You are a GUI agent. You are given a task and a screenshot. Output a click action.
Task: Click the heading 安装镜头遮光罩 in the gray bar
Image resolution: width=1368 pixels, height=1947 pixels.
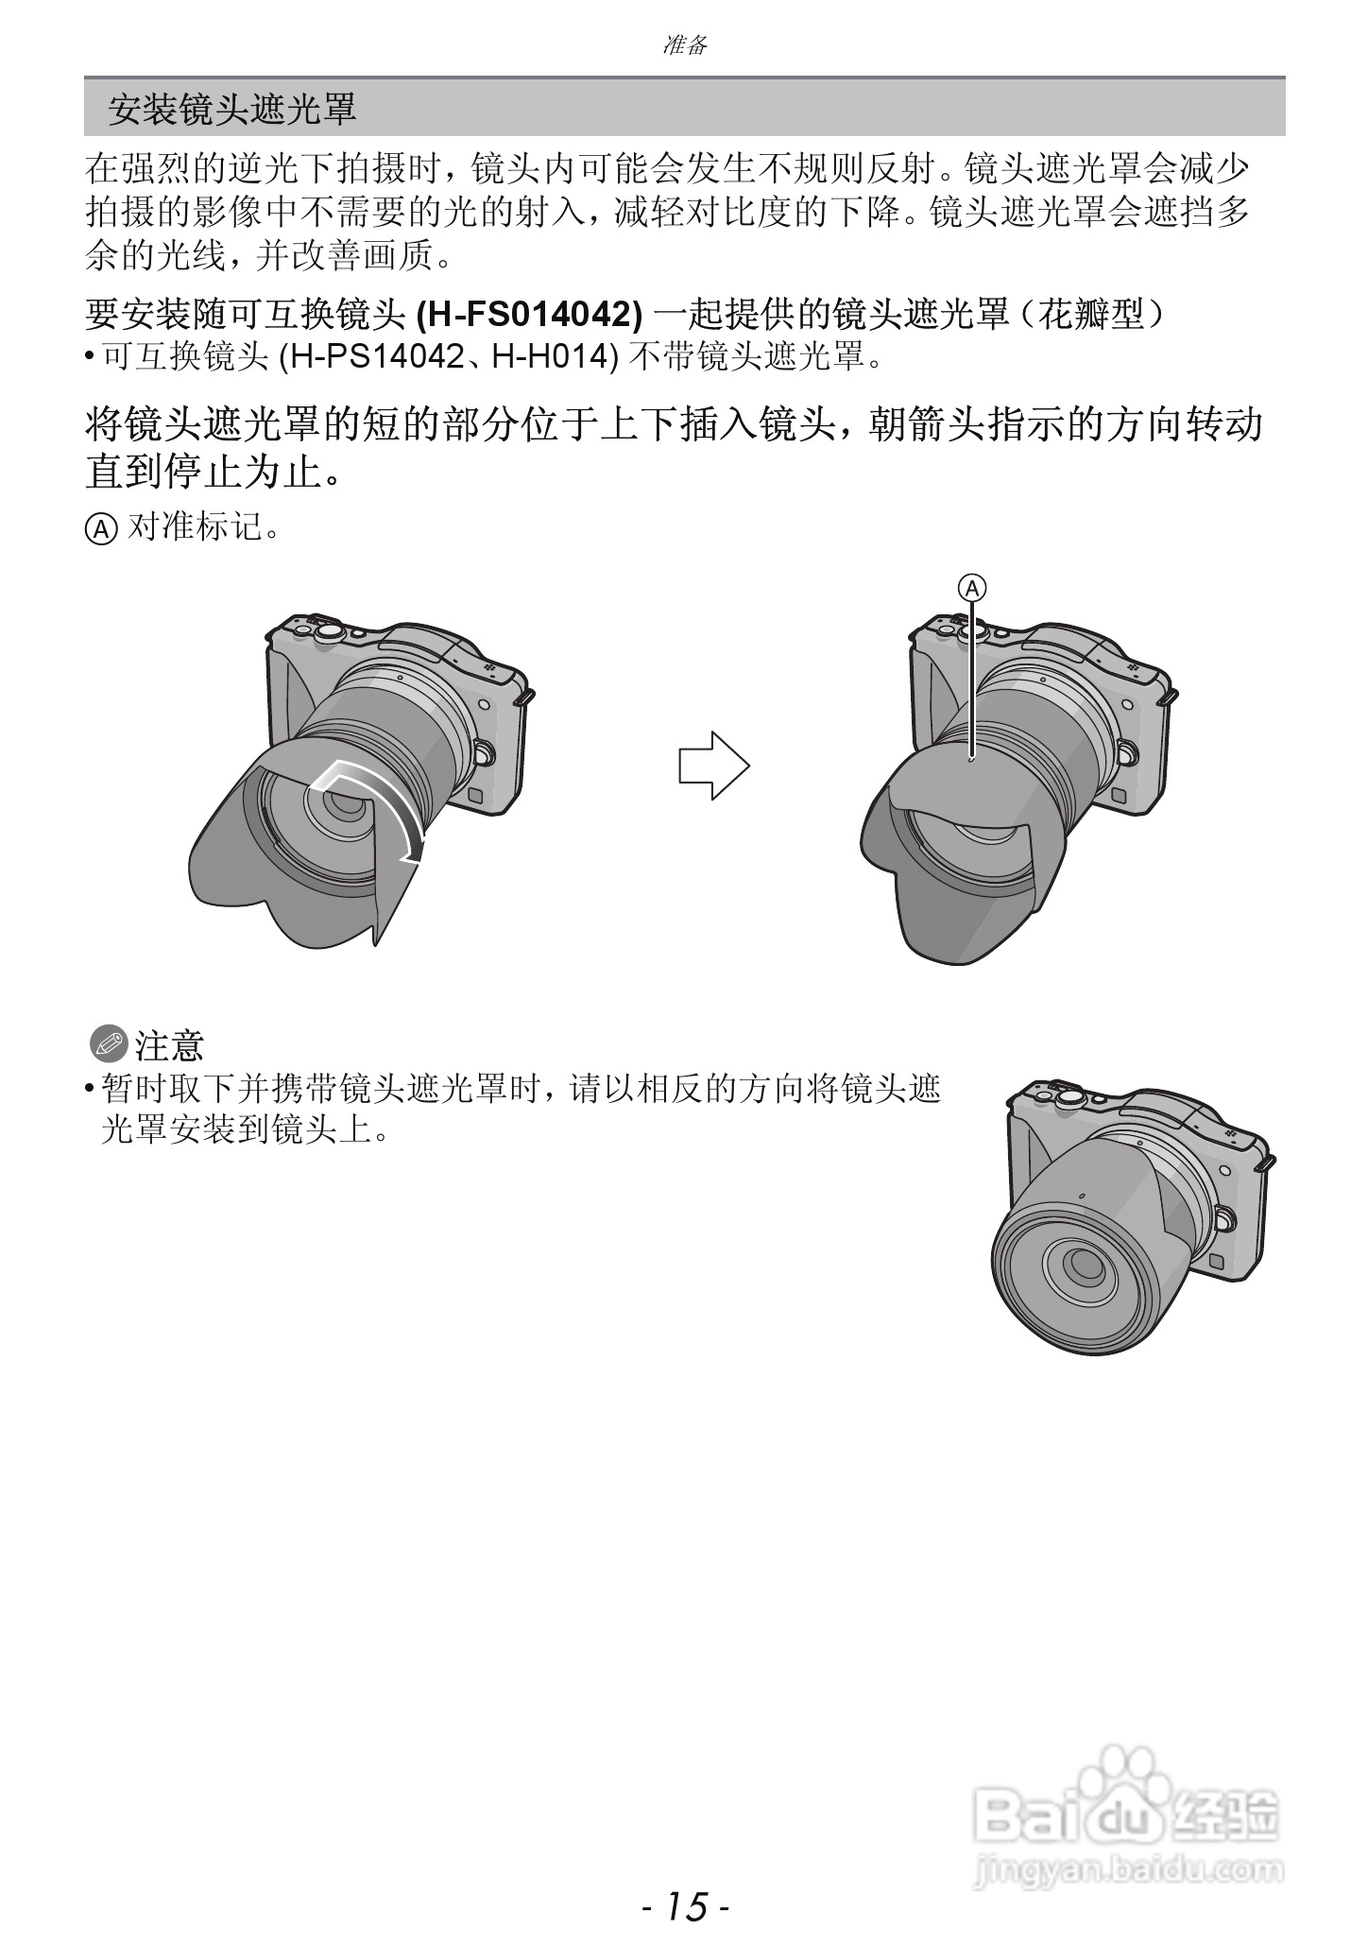[x=231, y=109]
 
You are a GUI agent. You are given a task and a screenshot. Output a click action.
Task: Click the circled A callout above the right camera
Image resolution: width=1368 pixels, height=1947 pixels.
[x=972, y=588]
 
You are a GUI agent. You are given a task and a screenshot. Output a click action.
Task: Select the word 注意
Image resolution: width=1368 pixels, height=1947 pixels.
[x=169, y=1045]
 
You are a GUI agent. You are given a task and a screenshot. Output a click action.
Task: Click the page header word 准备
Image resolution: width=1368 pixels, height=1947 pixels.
[x=685, y=44]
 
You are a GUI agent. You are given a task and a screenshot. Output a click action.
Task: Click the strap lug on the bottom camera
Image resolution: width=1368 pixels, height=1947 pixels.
[x=1268, y=1162]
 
